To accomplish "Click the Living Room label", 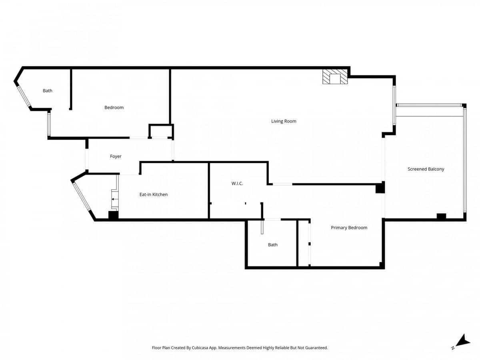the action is coord(284,121).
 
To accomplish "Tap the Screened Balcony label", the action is coord(426,169).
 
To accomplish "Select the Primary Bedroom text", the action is coord(349,228).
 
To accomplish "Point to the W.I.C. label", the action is coord(237,184).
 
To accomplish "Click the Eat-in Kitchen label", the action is coord(154,194).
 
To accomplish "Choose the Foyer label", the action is coord(116,156).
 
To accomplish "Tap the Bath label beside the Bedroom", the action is coord(48,91).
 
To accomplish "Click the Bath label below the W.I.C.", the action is coord(273,245).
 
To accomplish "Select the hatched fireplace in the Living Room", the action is coord(335,77).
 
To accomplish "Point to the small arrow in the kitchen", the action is coord(113,199).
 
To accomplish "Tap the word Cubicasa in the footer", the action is coord(200,348).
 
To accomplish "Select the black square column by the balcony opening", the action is coord(380,187).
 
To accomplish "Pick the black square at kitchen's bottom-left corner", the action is coord(114,215).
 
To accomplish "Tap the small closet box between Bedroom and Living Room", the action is coord(161,131).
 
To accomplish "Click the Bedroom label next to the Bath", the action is coord(114,108).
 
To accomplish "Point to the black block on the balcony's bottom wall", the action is coord(441,216).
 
